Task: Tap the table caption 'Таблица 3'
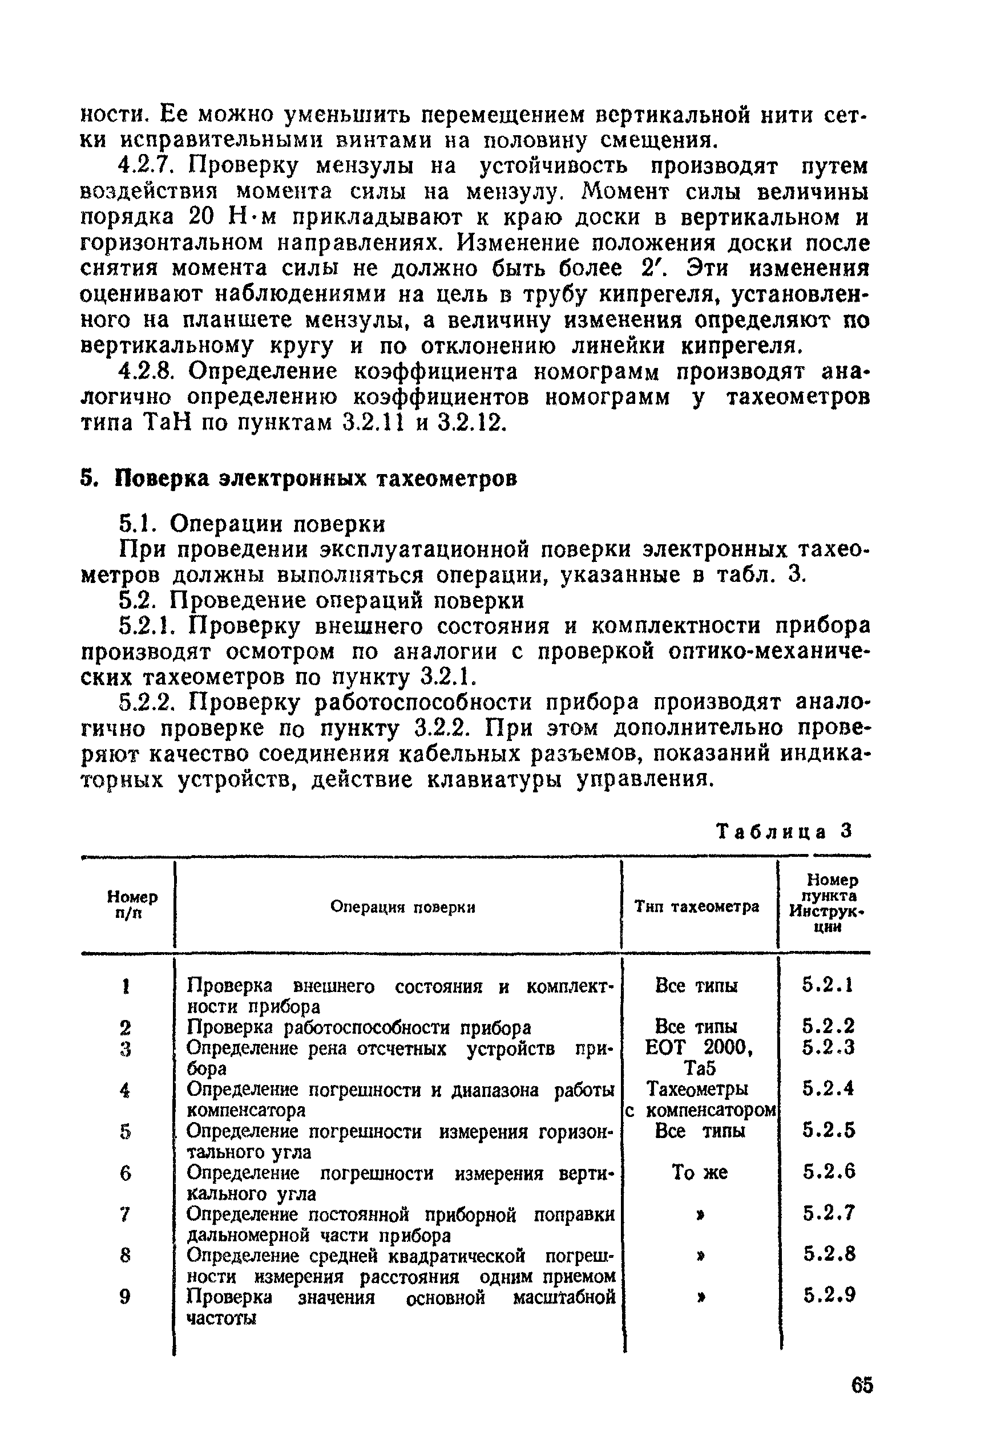[x=784, y=831]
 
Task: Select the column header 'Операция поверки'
[x=402, y=907]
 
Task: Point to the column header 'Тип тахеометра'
[x=697, y=907]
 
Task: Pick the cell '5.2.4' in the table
[x=828, y=1089]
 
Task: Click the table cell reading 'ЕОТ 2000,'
[x=700, y=1048]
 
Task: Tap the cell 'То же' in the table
[x=700, y=1173]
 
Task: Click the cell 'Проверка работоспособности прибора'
[x=359, y=1027]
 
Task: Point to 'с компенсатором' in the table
[x=700, y=1110]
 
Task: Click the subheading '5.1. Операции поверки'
[x=252, y=524]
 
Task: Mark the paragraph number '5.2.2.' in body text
[x=148, y=703]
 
